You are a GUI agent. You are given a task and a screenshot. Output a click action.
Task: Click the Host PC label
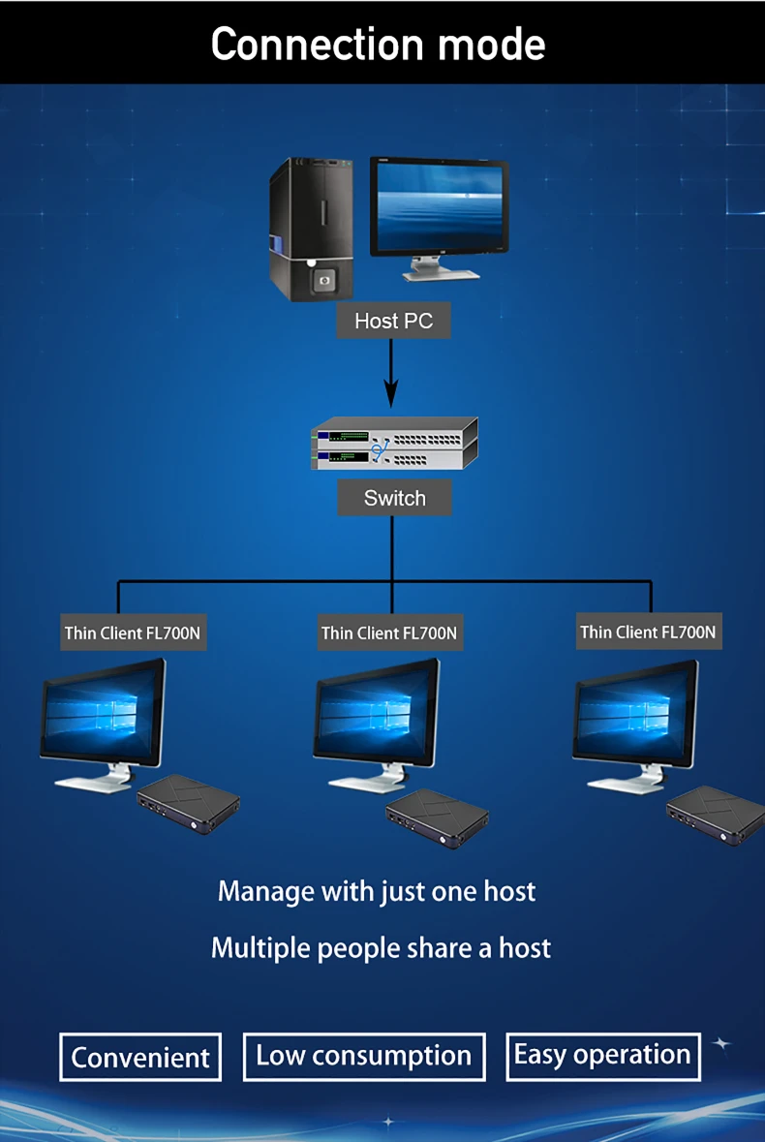coord(393,321)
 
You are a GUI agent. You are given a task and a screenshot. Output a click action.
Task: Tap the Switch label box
coord(394,498)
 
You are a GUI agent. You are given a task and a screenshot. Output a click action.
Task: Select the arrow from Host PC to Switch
coord(391,373)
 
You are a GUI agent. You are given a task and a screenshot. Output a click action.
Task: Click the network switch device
coord(394,443)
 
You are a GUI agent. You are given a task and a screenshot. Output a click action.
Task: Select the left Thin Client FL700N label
coord(134,633)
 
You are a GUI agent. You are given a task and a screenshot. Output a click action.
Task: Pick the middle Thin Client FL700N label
coord(389,633)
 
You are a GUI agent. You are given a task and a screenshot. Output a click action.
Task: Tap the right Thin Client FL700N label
coord(648,633)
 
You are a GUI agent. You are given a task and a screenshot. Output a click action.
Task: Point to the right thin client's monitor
coord(635,712)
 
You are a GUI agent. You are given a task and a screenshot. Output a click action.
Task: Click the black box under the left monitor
coord(188,802)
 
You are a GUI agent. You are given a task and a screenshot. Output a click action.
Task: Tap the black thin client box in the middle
coord(437,818)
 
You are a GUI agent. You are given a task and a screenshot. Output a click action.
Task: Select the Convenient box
coord(140,1057)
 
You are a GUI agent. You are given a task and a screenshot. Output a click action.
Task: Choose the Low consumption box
coord(363,1055)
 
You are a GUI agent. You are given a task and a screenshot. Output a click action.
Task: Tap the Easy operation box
coord(602,1055)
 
